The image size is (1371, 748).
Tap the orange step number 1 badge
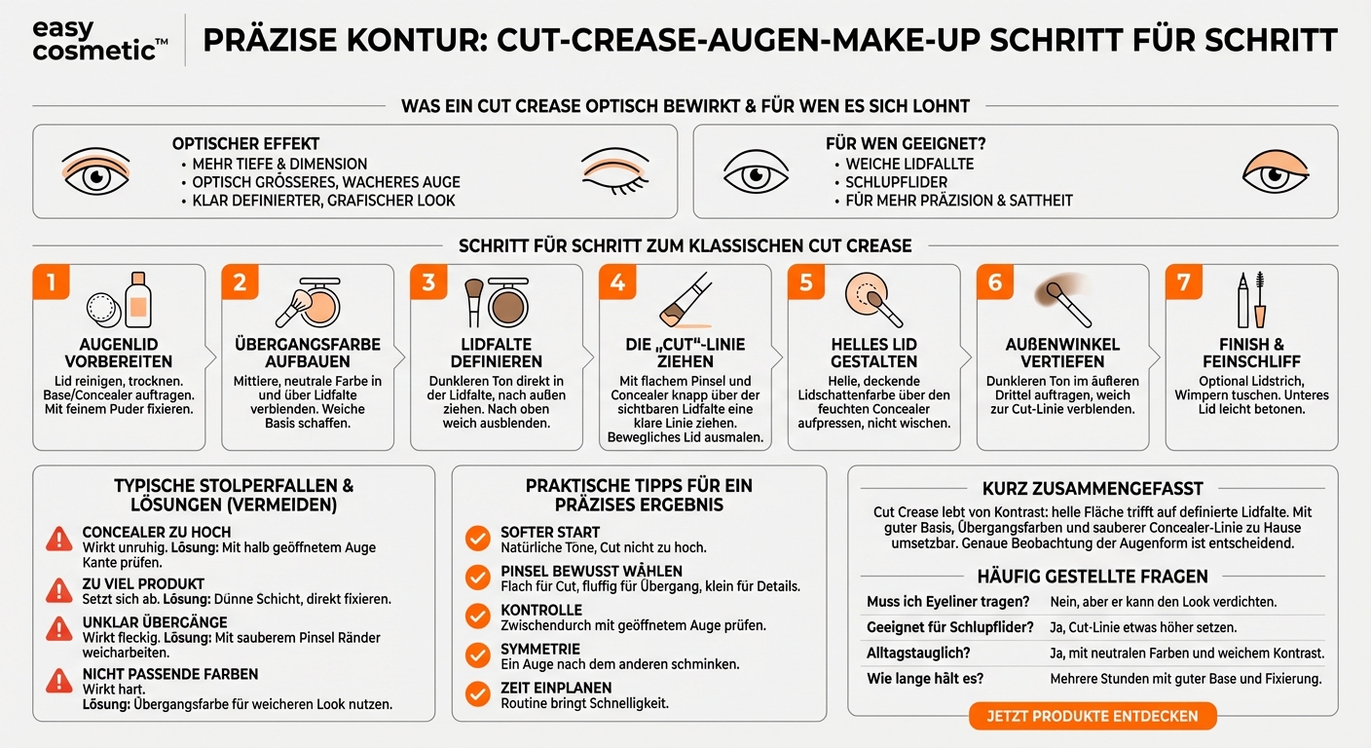(x=51, y=282)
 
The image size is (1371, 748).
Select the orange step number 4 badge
(x=617, y=282)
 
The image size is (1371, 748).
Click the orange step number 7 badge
(x=1184, y=282)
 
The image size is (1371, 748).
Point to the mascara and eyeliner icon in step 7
(x=1251, y=300)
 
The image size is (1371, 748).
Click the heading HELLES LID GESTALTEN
(x=874, y=353)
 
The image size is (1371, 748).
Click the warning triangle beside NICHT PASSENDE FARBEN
(x=60, y=681)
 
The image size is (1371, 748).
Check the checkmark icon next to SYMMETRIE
(x=477, y=654)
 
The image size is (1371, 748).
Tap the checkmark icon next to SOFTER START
(x=477, y=539)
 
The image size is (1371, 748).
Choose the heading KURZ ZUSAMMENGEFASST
(x=1092, y=489)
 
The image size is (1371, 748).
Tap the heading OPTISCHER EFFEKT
(x=246, y=144)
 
